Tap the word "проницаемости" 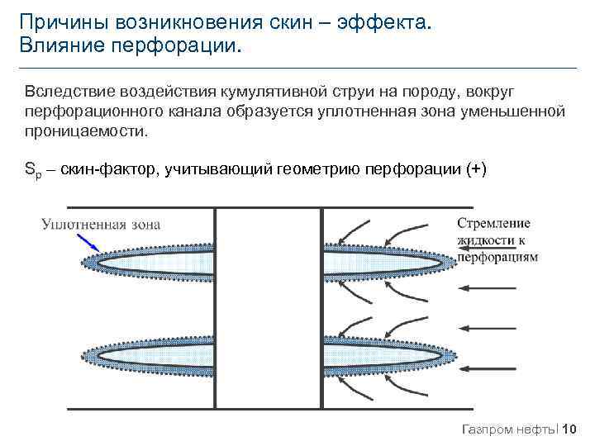point(84,131)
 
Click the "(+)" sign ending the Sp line point(476,170)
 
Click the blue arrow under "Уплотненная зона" point(87,240)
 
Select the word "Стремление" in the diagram point(493,223)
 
